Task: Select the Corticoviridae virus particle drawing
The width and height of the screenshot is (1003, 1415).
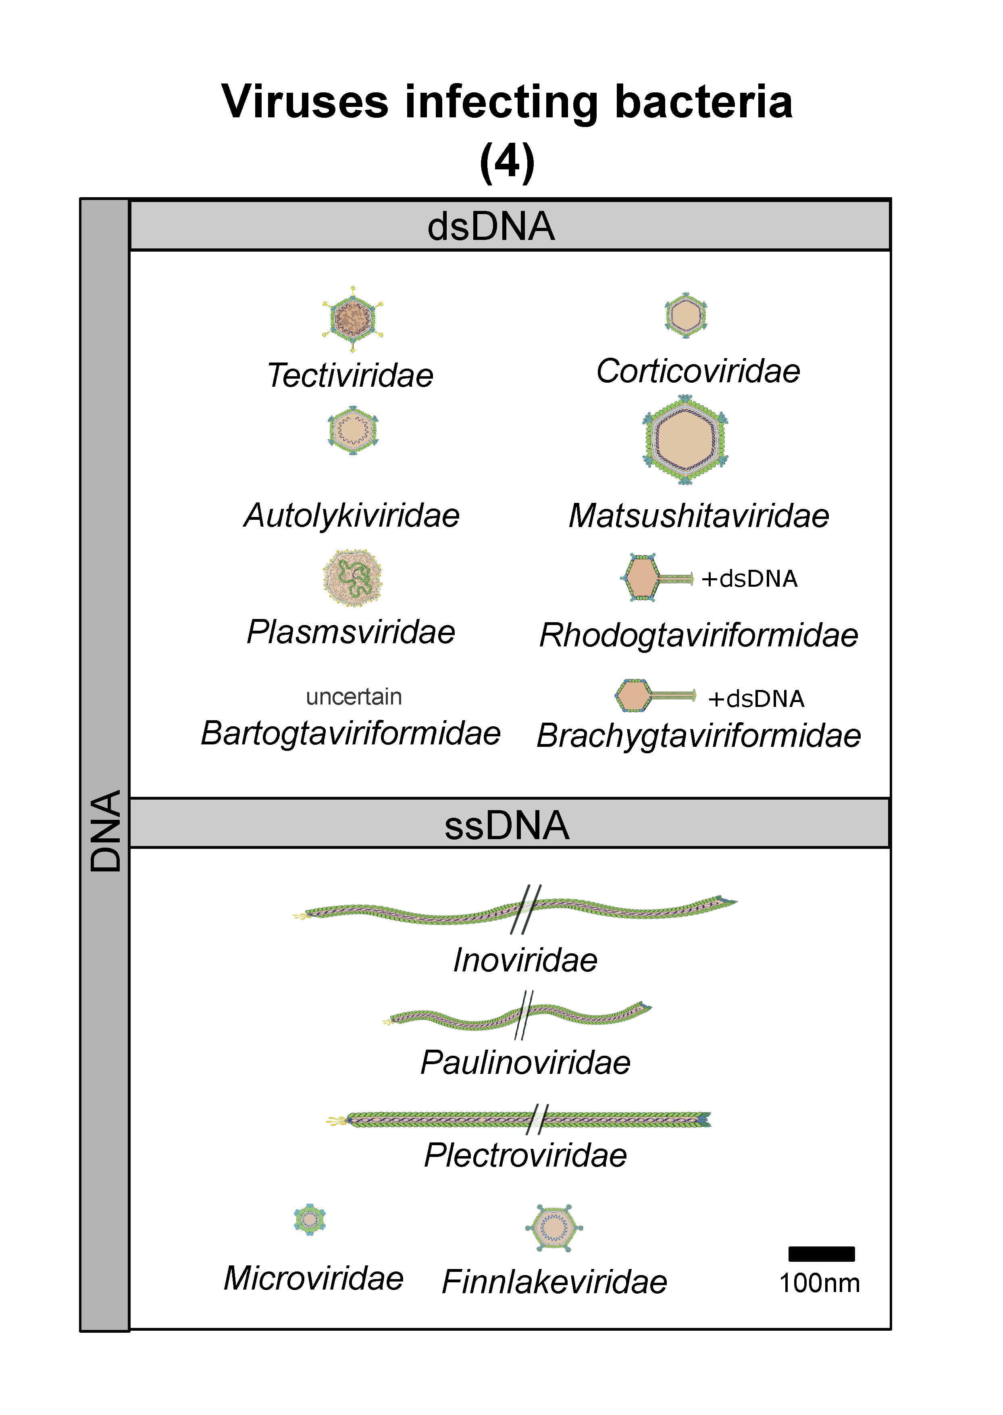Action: point(686,315)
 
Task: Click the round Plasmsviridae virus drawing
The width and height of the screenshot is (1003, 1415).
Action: point(353,577)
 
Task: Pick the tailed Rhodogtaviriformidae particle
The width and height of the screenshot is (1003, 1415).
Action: point(657,577)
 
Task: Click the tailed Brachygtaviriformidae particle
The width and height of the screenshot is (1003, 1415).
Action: point(655,696)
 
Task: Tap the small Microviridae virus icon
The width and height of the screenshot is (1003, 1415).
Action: point(310,1219)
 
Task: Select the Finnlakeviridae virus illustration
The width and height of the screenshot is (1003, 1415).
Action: point(554,1228)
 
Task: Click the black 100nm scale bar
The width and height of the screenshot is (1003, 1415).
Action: point(822,1254)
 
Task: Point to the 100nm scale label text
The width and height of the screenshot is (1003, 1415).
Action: point(820,1284)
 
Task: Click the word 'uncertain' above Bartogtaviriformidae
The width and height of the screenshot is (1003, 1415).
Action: point(354,697)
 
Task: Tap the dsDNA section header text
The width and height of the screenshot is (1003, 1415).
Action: point(491,226)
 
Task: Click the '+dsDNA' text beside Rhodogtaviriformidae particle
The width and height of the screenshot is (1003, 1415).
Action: point(749,579)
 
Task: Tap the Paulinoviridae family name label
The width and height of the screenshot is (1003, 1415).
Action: point(526,1062)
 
